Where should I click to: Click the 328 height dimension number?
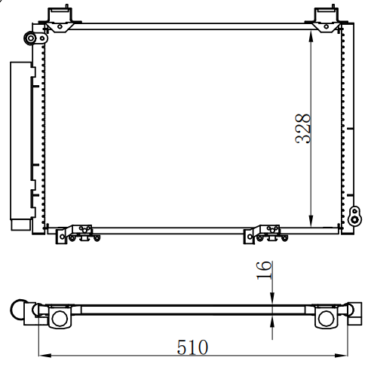tap(303, 129)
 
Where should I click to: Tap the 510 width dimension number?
tap(192, 347)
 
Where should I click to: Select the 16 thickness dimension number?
tap(264, 271)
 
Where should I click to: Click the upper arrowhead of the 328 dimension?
tap(311, 36)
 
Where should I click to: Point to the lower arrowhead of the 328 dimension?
tap(311, 221)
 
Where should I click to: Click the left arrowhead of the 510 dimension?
tap(45, 356)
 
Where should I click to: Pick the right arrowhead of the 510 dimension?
tap(341, 356)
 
